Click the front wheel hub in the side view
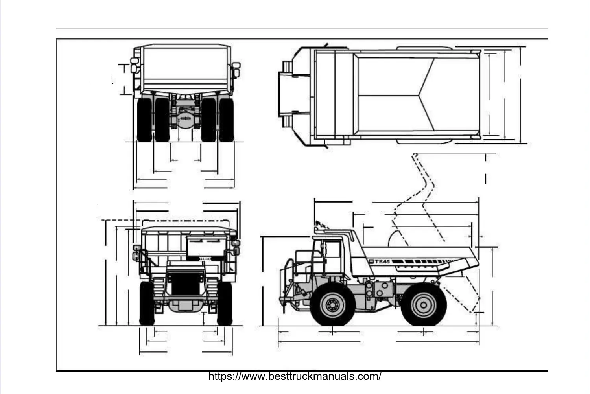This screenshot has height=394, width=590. [332, 304]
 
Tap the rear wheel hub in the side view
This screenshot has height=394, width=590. [423, 304]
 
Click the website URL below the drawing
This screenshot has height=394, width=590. [295, 376]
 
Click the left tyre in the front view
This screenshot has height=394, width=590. [147, 303]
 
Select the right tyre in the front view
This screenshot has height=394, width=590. [225, 303]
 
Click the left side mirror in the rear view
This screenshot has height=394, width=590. [135, 64]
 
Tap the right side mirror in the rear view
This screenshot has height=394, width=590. [236, 68]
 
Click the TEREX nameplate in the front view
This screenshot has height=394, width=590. [204, 258]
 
